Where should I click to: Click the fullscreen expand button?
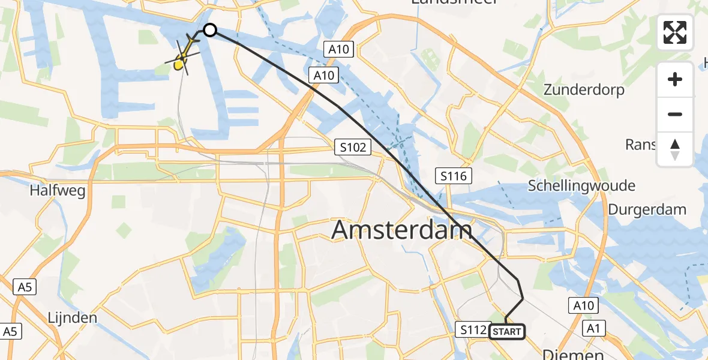(675, 32)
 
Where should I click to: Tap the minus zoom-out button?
(675, 114)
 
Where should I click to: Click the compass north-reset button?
(675, 149)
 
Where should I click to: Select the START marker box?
(507, 332)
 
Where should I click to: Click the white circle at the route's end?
(209, 29)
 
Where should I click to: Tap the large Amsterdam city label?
(402, 230)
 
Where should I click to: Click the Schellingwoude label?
(581, 185)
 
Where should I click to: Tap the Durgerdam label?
(647, 209)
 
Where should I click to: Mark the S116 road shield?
(453, 176)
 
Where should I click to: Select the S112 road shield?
(472, 329)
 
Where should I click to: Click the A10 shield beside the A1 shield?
(583, 306)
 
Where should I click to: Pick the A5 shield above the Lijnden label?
(24, 287)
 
